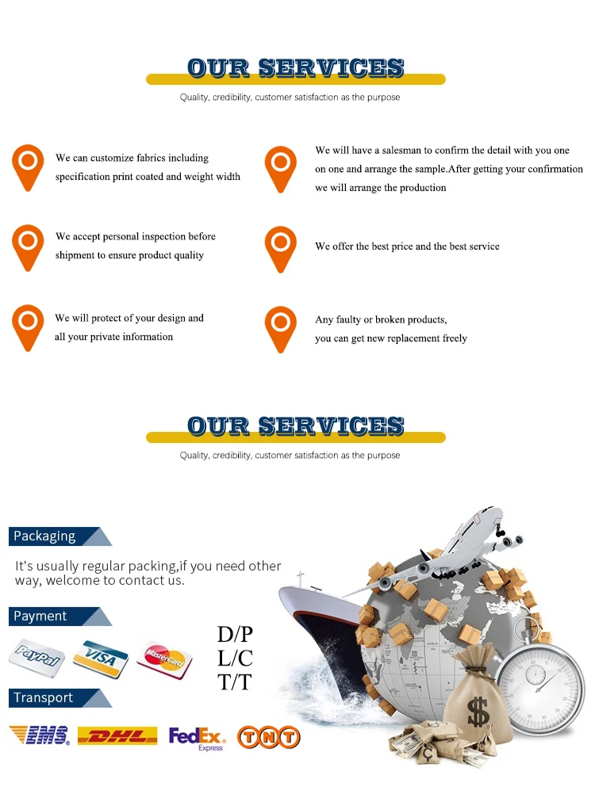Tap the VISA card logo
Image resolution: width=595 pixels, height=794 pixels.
coord(101,655)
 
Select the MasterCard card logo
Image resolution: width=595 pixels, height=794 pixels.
coord(164,657)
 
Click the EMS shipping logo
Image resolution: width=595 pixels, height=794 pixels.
coord(39,735)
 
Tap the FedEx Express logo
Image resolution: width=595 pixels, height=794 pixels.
coord(197,738)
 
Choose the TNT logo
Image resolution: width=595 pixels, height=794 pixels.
coord(269,737)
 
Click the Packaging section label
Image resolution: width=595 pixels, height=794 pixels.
coord(45,536)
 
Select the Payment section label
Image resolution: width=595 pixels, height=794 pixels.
coord(40,616)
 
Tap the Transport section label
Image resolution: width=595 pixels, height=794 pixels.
coord(44,698)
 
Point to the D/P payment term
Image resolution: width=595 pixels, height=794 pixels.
coord(235,635)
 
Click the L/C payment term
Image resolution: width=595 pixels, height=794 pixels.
coord(235,658)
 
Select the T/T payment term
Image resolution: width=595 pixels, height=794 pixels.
coord(235,681)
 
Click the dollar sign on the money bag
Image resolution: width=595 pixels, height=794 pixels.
coord(477,712)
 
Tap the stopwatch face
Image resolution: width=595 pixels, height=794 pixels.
coord(539,681)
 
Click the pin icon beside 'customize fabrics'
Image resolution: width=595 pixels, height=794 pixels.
coord(28,165)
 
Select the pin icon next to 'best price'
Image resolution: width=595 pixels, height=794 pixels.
coord(280,246)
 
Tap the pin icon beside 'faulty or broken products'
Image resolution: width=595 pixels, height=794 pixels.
coord(280,327)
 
